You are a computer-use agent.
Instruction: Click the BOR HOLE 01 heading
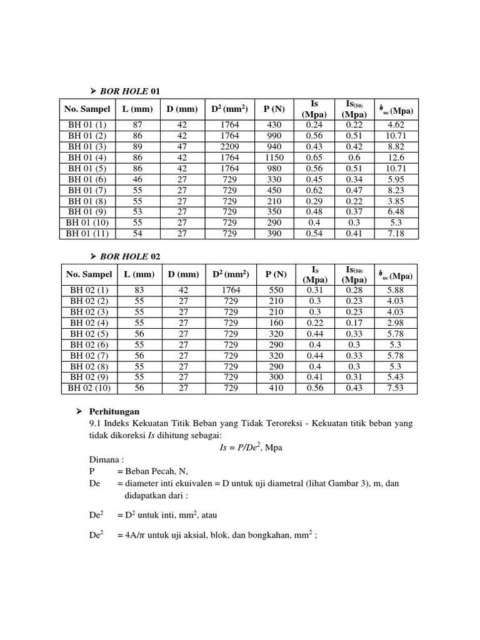tap(131, 91)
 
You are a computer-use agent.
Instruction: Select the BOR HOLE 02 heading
tap(131, 256)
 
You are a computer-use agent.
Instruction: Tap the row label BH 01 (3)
tap(87, 146)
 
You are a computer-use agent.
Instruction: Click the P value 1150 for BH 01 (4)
tap(274, 157)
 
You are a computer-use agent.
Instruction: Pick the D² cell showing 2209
tap(230, 146)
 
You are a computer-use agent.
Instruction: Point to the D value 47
tap(182, 146)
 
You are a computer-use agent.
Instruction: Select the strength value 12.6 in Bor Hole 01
tap(396, 157)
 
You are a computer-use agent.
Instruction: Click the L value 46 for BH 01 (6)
tap(138, 179)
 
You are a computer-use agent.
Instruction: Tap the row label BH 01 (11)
tap(87, 234)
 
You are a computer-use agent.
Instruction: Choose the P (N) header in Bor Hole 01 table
tap(274, 109)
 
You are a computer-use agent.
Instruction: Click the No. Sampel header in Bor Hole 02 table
tap(88, 274)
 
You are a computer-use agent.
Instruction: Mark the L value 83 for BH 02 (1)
tap(139, 290)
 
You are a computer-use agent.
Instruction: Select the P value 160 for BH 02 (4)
tap(275, 322)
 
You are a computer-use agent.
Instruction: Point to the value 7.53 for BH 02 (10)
tap(397, 388)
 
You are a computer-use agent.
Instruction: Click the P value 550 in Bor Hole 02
tap(275, 290)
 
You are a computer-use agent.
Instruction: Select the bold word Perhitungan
tap(115, 412)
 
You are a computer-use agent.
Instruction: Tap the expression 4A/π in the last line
tap(139, 535)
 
